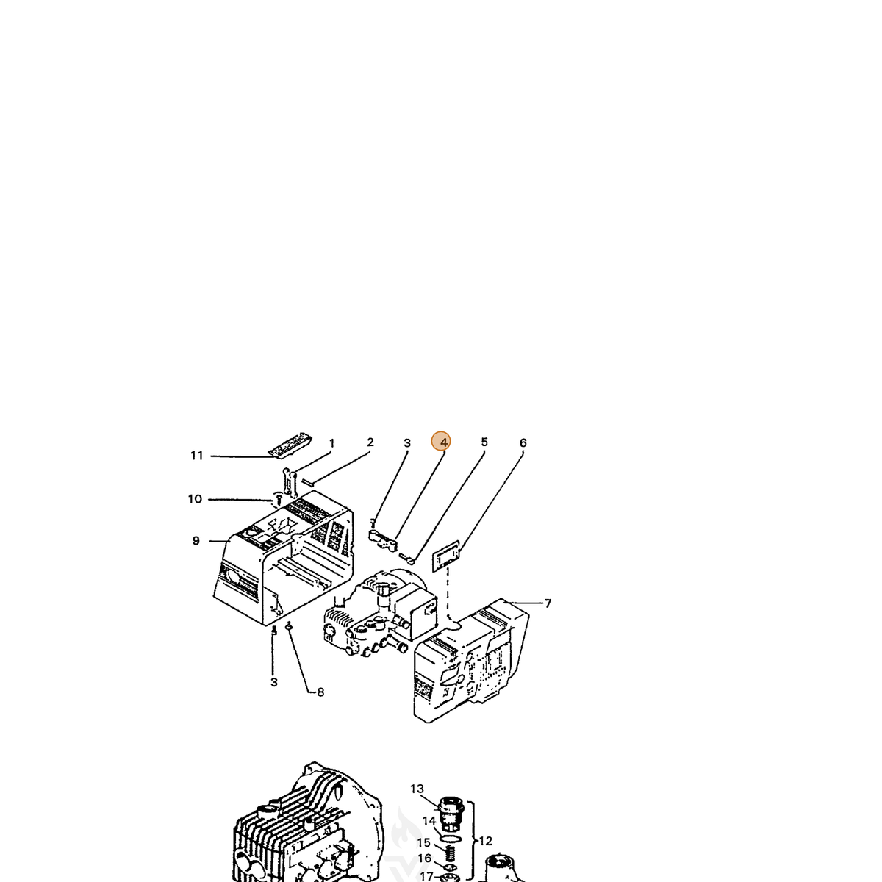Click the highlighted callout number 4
pos(441,442)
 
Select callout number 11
pos(196,456)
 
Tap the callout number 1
pos(331,443)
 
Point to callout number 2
pos(370,442)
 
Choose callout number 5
pos(484,442)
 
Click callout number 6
pos(523,442)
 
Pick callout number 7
pos(548,603)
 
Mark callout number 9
pos(196,540)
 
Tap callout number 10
pos(195,499)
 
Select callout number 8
pos(320,692)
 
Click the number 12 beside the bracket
pos(485,841)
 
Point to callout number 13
pos(417,789)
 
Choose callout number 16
pos(424,858)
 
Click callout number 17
pos(426,876)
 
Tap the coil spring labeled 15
pos(451,851)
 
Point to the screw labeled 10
pos(276,499)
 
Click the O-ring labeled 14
pos(451,836)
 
